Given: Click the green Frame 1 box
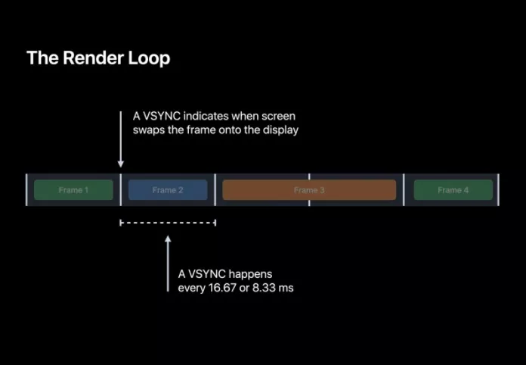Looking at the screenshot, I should click(73, 190).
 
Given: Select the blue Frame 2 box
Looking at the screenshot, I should click(168, 190).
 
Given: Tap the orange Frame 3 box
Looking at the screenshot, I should click(309, 190).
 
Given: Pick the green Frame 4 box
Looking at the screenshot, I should click(453, 190).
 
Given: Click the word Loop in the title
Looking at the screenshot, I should click(149, 58).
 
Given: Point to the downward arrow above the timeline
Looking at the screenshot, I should click(120, 140).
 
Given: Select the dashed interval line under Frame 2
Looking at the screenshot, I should click(168, 223).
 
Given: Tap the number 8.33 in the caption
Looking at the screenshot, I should click(268, 289).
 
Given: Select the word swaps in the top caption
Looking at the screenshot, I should click(149, 129).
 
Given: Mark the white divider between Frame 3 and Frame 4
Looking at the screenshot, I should click(404, 190).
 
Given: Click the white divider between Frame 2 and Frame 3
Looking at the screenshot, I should click(215, 190).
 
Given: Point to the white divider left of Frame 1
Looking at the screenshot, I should click(26, 190).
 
